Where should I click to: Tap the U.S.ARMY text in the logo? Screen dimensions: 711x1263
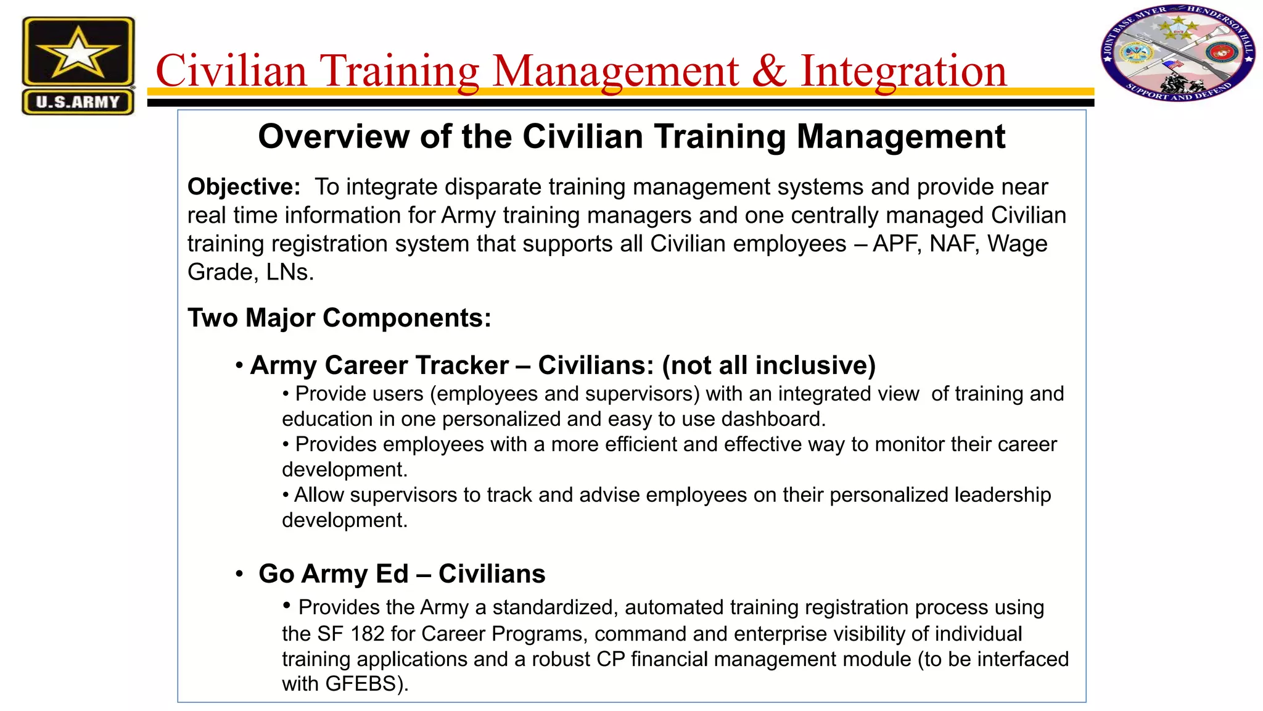pos(78,102)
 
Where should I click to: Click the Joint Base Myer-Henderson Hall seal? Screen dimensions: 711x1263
pos(1178,54)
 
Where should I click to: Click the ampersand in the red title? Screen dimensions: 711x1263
pos(769,70)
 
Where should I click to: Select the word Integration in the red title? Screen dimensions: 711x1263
pos(903,70)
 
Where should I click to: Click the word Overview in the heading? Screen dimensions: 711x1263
pos(333,136)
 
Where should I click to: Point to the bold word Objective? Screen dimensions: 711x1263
pos(244,186)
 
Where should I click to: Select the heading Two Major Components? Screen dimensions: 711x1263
pos(339,318)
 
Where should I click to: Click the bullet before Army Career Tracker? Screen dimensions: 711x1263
pos(239,365)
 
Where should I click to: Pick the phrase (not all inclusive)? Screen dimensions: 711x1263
pos(768,365)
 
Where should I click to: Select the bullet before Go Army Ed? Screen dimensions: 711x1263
pos(239,574)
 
